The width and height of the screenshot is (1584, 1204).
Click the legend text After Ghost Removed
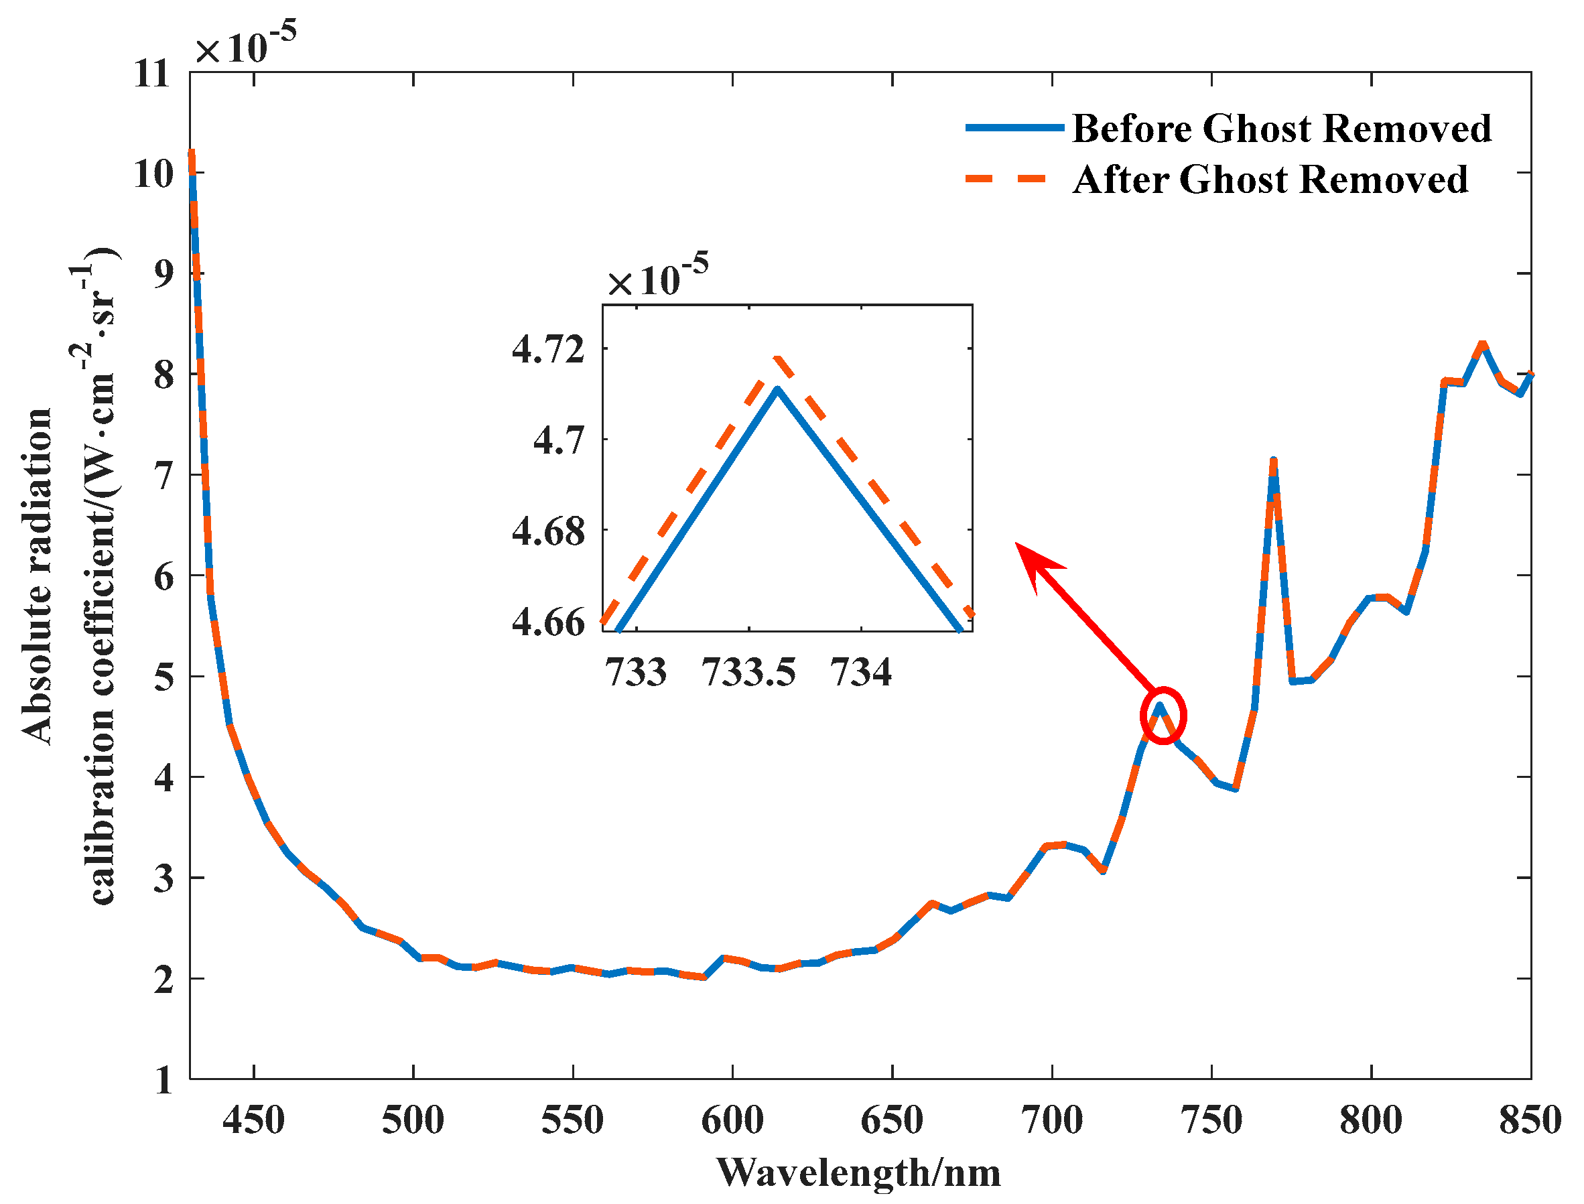pyautogui.click(x=1270, y=180)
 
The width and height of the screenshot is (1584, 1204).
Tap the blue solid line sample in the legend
pyautogui.click(x=1014, y=127)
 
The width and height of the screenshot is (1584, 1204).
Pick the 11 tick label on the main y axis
pyautogui.click(x=153, y=74)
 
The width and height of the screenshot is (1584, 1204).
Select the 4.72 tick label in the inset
pyautogui.click(x=548, y=350)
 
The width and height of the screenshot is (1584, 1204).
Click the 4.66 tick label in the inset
pyautogui.click(x=548, y=622)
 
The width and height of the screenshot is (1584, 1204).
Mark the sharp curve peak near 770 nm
pyautogui.click(x=1273, y=461)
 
